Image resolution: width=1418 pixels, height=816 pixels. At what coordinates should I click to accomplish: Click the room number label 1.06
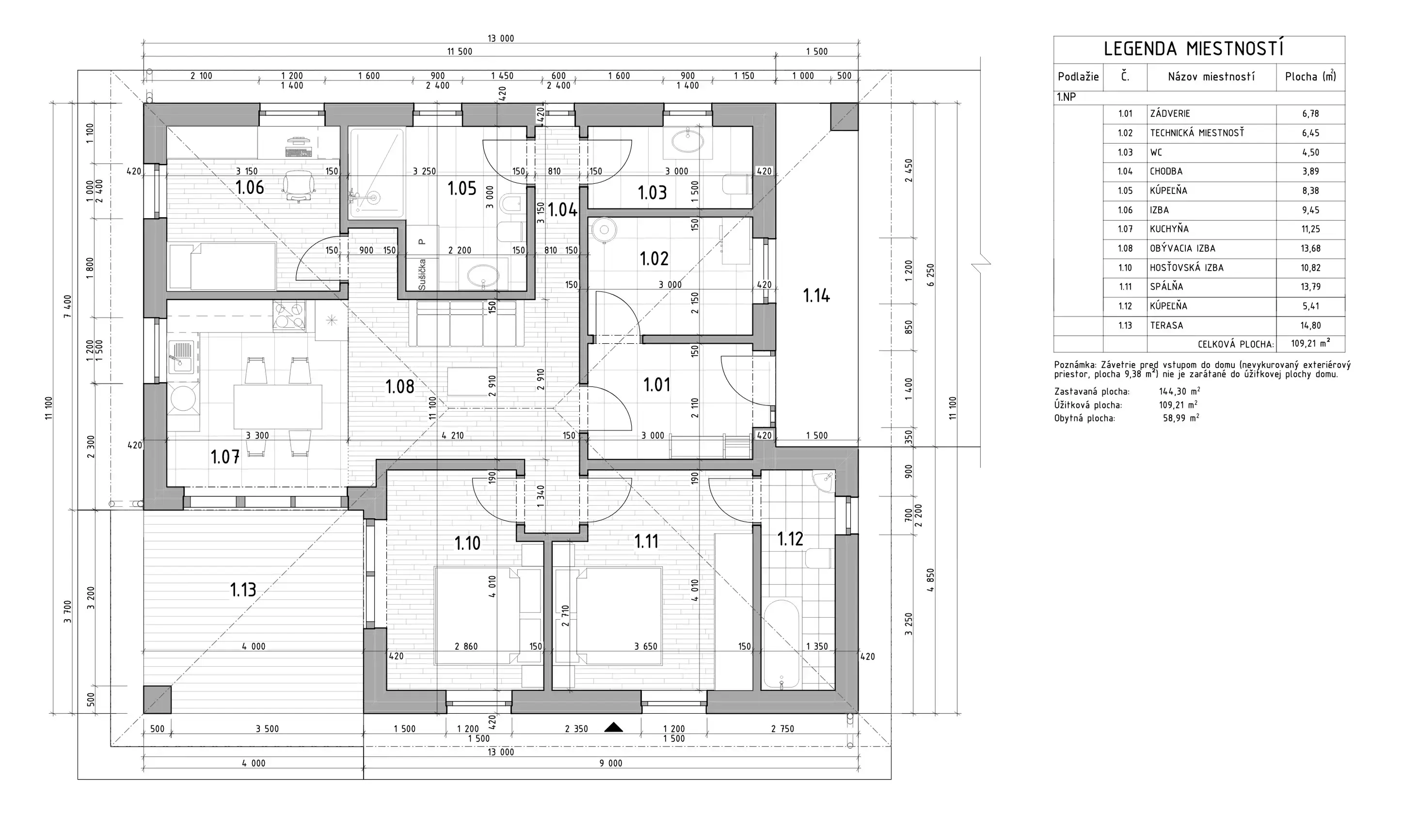(x=250, y=187)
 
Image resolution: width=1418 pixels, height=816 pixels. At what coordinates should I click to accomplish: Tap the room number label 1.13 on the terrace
(x=243, y=590)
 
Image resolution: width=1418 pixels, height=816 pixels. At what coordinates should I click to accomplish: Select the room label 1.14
(x=816, y=295)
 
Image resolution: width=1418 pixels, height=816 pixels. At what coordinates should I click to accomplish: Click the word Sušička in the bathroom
(x=422, y=274)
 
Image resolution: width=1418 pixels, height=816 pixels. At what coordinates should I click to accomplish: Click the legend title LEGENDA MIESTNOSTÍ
(x=1194, y=49)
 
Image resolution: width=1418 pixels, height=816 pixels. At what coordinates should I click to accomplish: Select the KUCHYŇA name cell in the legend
(x=1169, y=229)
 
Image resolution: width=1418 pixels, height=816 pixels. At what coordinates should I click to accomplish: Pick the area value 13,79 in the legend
(x=1310, y=287)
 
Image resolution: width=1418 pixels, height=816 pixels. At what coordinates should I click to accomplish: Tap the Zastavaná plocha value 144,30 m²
(x=1179, y=392)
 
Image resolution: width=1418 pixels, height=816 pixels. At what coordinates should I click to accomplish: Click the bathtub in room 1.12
(x=781, y=644)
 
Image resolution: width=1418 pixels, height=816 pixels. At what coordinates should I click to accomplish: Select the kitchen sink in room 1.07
(x=181, y=356)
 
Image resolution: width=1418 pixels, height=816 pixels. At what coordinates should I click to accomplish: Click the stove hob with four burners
(x=289, y=315)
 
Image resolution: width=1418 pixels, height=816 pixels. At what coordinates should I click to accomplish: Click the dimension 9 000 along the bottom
(x=611, y=763)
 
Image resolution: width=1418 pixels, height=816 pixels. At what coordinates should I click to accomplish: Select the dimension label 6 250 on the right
(x=931, y=275)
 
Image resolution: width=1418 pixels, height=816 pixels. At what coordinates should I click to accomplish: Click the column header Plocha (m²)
(x=1310, y=76)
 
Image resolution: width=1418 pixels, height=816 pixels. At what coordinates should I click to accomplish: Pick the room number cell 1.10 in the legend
(x=1125, y=267)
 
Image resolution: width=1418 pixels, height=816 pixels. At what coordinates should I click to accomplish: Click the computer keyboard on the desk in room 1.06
(x=299, y=152)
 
